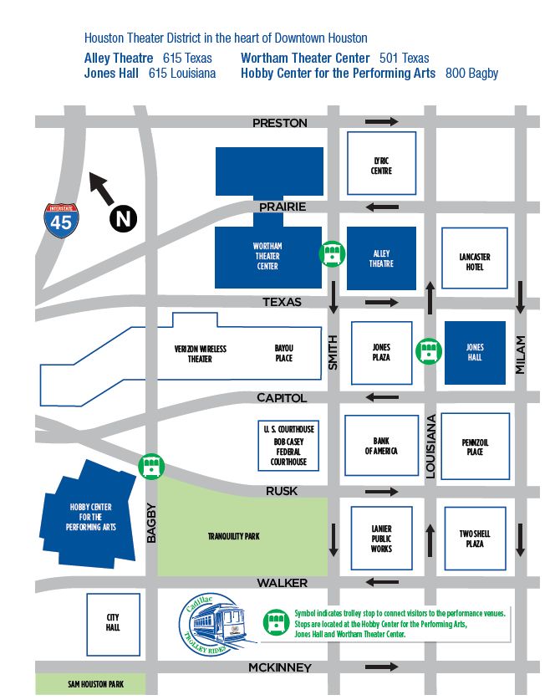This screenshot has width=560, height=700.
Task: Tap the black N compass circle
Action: point(123,219)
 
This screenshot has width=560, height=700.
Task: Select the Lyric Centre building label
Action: point(381,165)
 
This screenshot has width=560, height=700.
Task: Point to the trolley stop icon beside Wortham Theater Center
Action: point(332,253)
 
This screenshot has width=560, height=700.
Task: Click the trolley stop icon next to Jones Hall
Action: point(430,351)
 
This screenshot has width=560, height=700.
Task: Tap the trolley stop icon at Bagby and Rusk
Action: point(151,466)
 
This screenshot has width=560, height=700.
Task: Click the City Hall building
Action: point(112,622)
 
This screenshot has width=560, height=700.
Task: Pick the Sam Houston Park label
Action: point(90,685)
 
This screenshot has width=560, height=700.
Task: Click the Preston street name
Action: point(280,123)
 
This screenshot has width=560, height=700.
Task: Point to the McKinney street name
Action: point(279,667)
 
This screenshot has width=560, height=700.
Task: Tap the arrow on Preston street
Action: point(382,122)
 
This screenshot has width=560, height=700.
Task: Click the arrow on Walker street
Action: point(382,582)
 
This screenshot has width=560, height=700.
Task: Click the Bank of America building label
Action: point(381,446)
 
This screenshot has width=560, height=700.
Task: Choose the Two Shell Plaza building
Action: point(475,538)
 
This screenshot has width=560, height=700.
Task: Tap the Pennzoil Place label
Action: point(473,446)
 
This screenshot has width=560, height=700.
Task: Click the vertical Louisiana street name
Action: point(432,447)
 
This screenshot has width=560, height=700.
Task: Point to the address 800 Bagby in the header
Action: point(471,74)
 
